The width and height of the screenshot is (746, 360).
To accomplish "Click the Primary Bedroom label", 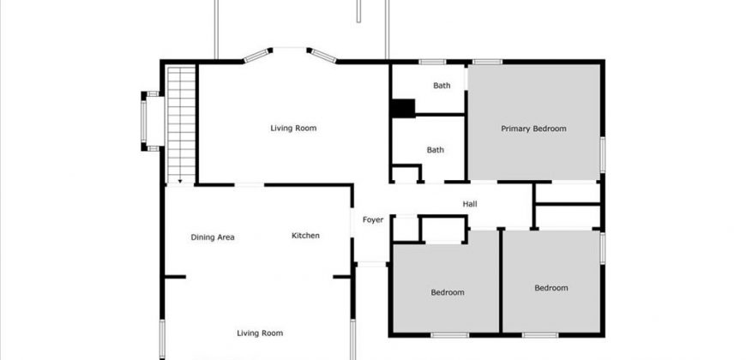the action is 533,129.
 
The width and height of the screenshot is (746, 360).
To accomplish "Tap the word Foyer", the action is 372,219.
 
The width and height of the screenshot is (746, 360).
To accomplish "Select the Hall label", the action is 470,204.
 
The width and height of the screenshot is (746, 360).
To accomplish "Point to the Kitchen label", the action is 305,236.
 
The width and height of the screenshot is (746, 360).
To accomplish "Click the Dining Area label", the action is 213,237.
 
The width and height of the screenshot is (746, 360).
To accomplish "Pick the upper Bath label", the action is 442,86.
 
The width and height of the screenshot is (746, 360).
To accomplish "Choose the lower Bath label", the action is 436,150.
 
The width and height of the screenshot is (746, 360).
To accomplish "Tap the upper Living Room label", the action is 293,128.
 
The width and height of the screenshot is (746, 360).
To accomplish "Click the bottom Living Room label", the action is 260,333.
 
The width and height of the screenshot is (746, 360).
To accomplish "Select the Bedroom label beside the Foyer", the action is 448,292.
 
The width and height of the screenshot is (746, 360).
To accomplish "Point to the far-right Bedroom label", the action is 551,288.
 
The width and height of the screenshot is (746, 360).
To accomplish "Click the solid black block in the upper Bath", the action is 403,108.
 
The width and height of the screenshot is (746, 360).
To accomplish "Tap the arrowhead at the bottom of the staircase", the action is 180,181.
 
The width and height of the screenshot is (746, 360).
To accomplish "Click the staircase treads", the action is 181,124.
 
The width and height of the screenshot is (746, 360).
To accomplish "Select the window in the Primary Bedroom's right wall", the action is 602,154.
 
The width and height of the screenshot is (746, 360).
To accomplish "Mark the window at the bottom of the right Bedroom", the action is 539,335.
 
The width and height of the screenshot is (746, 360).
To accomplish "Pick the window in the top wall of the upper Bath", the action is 432,62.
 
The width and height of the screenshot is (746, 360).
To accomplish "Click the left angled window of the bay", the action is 256,56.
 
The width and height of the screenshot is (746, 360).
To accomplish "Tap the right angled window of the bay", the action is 323,56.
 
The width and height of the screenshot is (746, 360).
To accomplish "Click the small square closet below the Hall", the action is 406,229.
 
